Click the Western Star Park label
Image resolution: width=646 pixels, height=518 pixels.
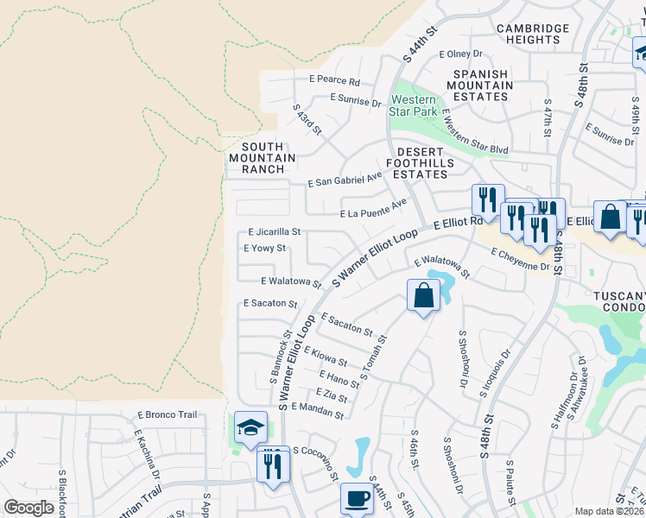pyautogui.click(x=413, y=106)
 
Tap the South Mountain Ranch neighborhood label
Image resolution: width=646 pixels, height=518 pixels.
pyautogui.click(x=263, y=158)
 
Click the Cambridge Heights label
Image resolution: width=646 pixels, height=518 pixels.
pyautogui.click(x=533, y=34)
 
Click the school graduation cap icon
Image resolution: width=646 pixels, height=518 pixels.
pyautogui.click(x=250, y=427)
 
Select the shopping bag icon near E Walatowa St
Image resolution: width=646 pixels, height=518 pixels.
pyautogui.click(x=423, y=295)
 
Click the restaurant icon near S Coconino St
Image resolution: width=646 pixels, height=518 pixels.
pyautogui.click(x=273, y=464)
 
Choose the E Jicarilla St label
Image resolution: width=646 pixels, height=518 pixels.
pyautogui.click(x=274, y=232)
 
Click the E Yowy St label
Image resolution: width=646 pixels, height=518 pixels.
pyautogui.click(x=264, y=249)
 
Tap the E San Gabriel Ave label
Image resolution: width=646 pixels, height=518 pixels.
pyautogui.click(x=345, y=180)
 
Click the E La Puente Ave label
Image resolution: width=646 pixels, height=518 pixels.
pyautogui.click(x=373, y=209)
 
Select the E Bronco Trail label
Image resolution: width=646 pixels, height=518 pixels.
pyautogui.click(x=166, y=415)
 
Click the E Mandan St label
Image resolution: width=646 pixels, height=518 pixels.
pyautogui.click(x=319, y=410)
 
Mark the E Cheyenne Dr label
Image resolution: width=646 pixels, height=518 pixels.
pyautogui.click(x=520, y=260)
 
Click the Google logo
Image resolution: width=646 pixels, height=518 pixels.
pyautogui.click(x=28, y=508)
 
